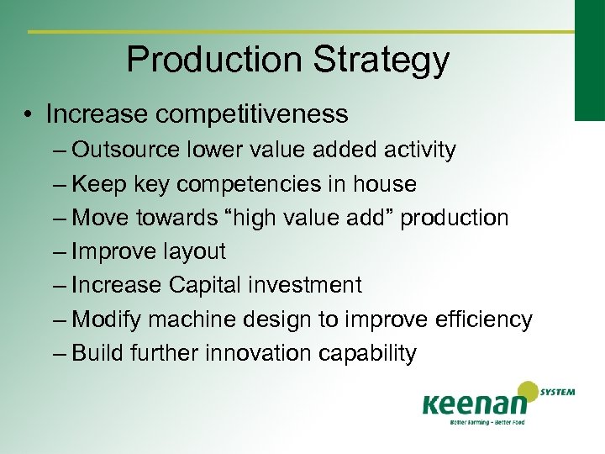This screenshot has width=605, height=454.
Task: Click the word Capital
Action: tap(205, 285)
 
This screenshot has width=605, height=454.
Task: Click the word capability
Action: tap(367, 353)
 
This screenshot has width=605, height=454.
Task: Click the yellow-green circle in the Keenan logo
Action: tap(528, 393)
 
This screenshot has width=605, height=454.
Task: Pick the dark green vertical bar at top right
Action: tap(589, 59)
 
